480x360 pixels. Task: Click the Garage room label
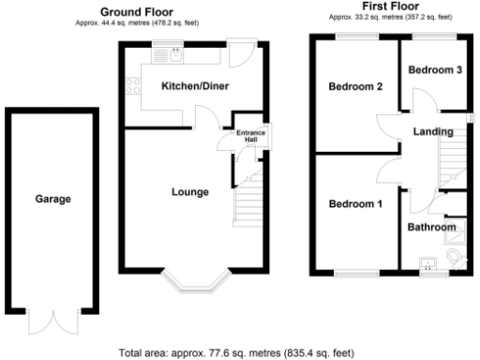click(x=52, y=199)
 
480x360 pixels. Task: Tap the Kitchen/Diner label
click(x=195, y=86)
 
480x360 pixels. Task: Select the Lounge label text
click(x=189, y=192)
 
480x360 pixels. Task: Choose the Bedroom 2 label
click(x=355, y=87)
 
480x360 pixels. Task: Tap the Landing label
click(x=433, y=131)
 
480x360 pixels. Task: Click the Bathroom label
click(x=430, y=227)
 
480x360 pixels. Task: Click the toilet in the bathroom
click(x=456, y=257)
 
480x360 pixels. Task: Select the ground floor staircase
click(x=247, y=202)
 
